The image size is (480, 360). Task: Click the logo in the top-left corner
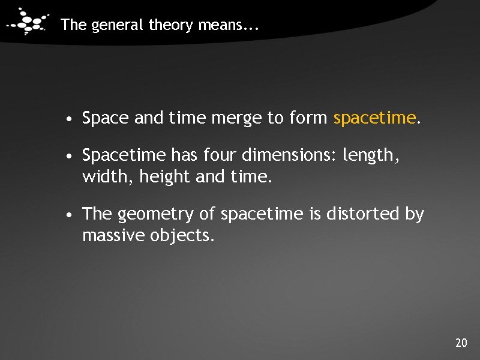26,23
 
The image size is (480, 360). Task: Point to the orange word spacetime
374,119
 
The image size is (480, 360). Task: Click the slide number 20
461,343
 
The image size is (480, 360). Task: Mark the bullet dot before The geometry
71,215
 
